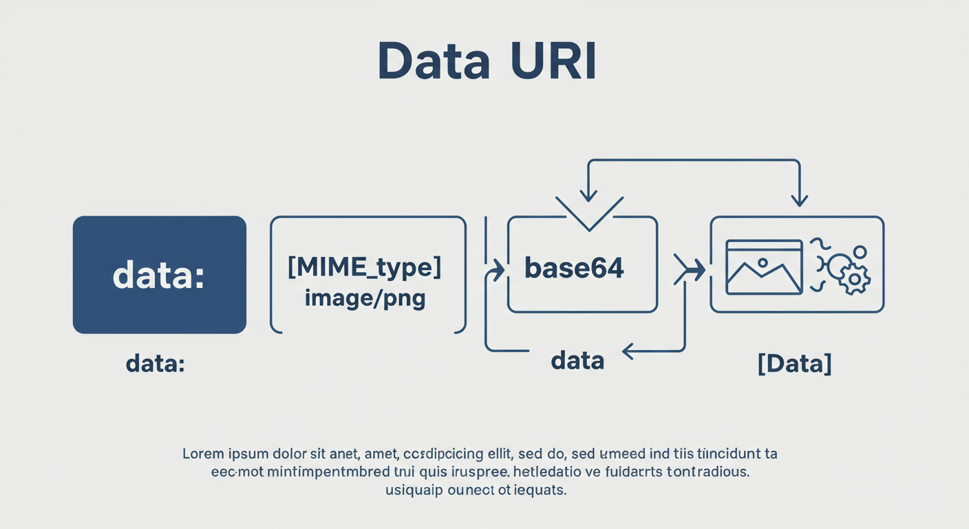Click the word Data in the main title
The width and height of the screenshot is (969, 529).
(434, 62)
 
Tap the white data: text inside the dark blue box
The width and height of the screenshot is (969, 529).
(158, 276)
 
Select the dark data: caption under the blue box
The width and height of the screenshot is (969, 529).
(155, 363)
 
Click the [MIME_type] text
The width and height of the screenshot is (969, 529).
(364, 267)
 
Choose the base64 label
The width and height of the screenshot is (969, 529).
(574, 268)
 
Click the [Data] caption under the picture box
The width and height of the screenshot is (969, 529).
(794, 362)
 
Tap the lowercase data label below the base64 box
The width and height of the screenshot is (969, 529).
(577, 359)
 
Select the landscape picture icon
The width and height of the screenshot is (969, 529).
(764, 267)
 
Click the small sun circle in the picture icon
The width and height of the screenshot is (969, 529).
(762, 262)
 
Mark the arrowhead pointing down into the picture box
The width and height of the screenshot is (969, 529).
(798, 199)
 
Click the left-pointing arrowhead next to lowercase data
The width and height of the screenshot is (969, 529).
(628, 352)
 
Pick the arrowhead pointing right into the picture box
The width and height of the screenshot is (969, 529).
(696, 269)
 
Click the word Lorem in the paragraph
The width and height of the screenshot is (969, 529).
(204, 454)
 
